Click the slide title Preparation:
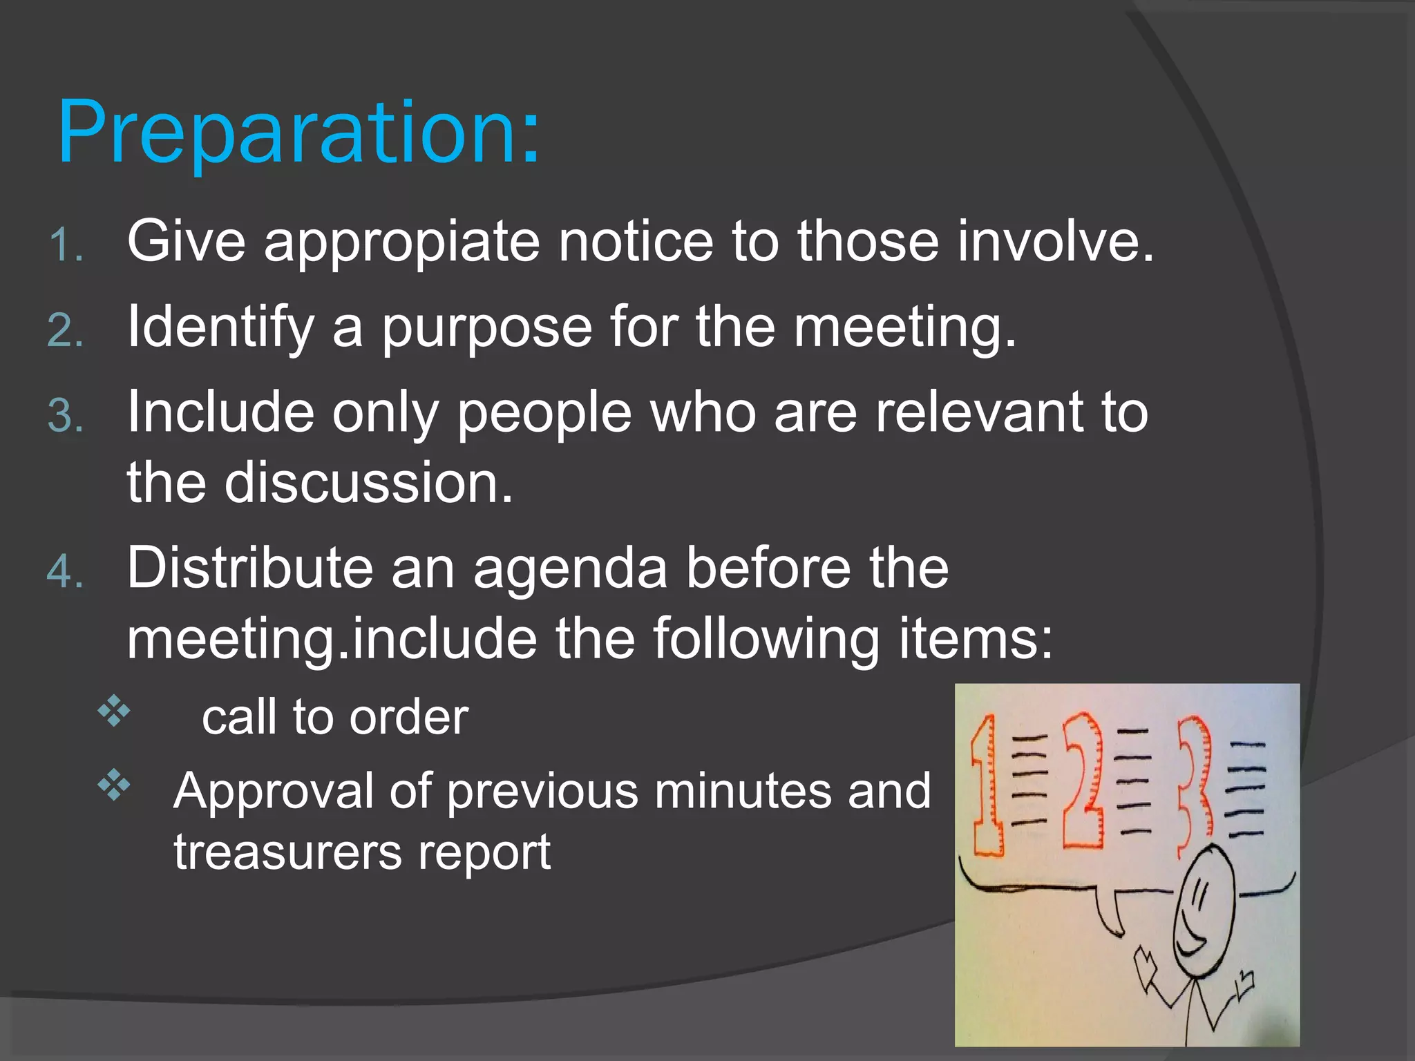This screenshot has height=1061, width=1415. (298, 133)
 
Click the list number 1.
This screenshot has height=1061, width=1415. (66, 246)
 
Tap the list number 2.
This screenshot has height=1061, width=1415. (66, 330)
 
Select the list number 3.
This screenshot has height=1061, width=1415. (66, 417)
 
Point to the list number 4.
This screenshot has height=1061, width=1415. (66, 572)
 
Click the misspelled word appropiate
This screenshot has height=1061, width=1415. (402, 243)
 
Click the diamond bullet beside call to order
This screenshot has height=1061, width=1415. (114, 712)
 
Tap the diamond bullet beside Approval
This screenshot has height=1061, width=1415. (114, 785)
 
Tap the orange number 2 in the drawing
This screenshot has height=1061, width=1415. (1083, 781)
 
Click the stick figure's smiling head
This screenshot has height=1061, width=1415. (1204, 908)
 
